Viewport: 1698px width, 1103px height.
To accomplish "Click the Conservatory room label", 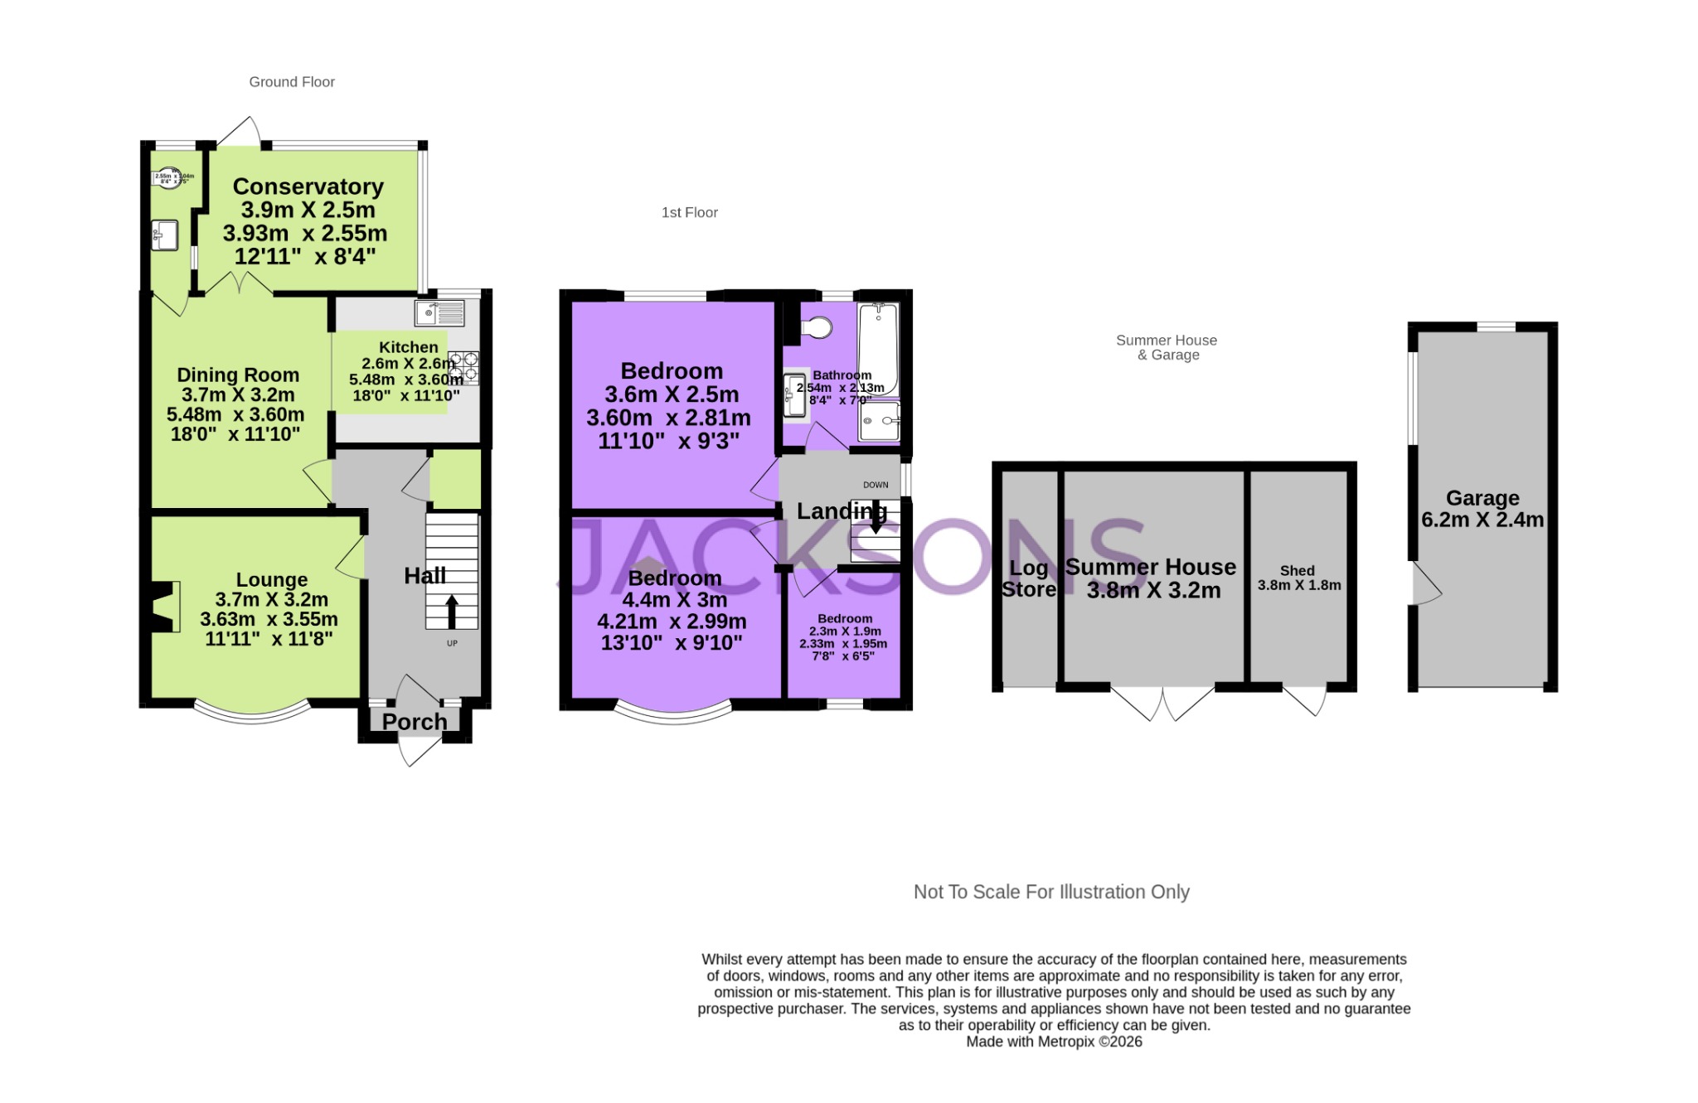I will [308, 187].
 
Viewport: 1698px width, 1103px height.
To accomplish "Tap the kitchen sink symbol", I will [439, 313].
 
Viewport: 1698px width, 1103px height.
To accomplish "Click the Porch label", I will [415, 722].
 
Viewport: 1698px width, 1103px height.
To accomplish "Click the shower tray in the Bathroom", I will [879, 421].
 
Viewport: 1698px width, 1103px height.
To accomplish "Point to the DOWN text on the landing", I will [876, 485].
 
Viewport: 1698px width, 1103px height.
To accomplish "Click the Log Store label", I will [1029, 578].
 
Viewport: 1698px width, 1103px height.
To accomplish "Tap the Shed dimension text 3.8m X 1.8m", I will [1298, 585].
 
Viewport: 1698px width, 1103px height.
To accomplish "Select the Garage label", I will [1482, 498].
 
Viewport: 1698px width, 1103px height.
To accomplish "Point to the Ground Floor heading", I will [292, 82].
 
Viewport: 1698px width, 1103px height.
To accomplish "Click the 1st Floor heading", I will [689, 213].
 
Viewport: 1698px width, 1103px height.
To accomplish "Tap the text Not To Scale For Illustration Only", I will [1051, 892].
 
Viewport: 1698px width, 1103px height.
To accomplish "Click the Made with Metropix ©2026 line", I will [1054, 1042].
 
